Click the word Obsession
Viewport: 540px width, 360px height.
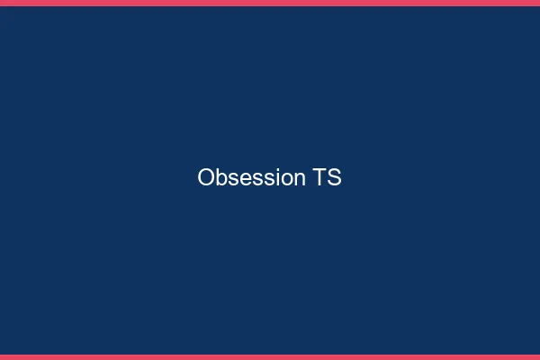[x=251, y=178]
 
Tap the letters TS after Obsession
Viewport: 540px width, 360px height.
[x=328, y=178]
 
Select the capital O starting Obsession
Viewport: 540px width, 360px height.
[x=205, y=178]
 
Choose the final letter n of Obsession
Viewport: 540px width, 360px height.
[x=300, y=180]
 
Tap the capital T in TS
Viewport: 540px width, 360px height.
[x=320, y=178]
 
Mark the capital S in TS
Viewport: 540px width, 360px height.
[x=335, y=178]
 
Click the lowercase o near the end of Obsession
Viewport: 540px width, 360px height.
[x=285, y=180]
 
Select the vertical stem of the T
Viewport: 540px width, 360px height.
[x=320, y=180]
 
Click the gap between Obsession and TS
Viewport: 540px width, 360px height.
[x=310, y=178]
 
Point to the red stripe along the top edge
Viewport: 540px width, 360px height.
[x=270, y=3]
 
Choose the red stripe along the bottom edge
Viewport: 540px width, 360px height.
[x=270, y=356]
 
